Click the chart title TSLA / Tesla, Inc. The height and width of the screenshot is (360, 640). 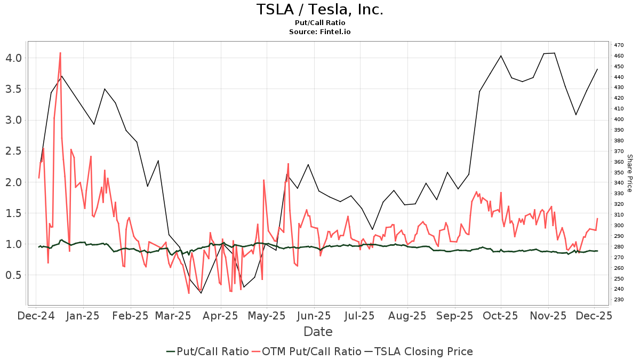319,10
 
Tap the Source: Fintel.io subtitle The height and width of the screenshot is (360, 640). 319,32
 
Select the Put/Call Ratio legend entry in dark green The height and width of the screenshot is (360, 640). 207,351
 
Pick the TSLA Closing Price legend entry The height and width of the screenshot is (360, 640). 419,351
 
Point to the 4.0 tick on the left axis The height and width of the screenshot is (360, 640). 13,58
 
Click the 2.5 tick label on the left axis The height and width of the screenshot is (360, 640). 13,151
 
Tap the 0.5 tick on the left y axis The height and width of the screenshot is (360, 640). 13,275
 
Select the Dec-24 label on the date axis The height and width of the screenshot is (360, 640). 36,316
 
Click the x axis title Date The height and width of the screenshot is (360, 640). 318,332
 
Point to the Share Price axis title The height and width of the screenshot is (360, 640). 629,173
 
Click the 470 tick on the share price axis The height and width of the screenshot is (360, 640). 619,45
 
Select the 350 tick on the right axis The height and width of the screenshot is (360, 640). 619,172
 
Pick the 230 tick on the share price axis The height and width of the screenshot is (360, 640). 619,300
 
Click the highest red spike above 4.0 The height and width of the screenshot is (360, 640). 60,53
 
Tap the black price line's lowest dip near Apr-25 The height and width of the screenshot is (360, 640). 201,293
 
